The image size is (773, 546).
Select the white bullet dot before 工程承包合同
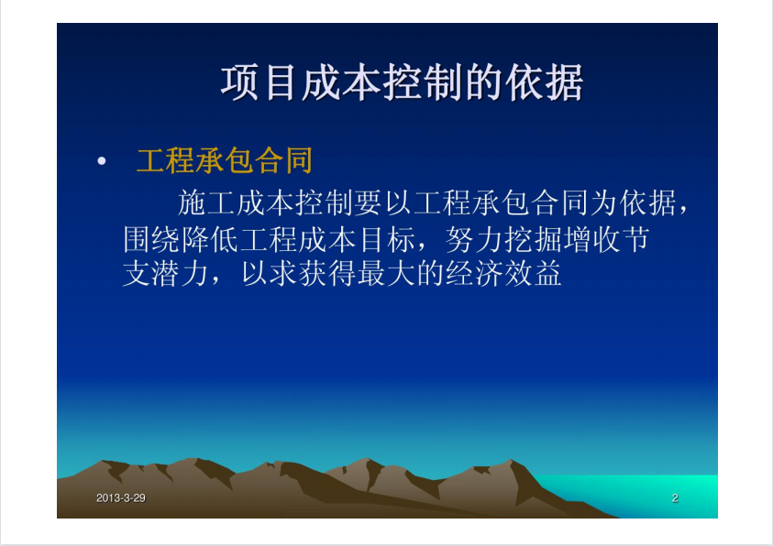(102, 161)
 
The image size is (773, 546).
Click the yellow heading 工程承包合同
(225, 161)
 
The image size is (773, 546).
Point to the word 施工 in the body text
(206, 202)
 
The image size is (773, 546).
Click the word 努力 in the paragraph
(474, 240)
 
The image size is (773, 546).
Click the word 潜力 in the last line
(181, 273)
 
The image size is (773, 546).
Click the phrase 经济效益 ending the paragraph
(503, 273)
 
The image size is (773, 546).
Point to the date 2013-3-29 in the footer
(121, 498)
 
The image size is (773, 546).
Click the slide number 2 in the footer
(675, 498)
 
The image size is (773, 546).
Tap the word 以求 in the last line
(269, 273)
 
